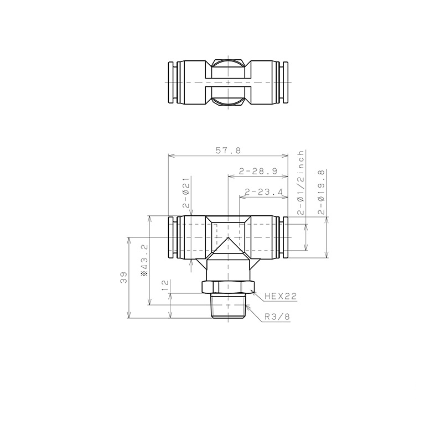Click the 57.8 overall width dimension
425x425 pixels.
point(228,150)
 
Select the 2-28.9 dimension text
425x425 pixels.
point(257,172)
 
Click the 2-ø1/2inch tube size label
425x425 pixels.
point(300,182)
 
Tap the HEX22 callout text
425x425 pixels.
point(280,297)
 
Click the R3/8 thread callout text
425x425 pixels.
point(277,317)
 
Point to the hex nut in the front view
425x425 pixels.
point(228,287)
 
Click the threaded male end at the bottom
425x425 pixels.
point(228,307)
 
